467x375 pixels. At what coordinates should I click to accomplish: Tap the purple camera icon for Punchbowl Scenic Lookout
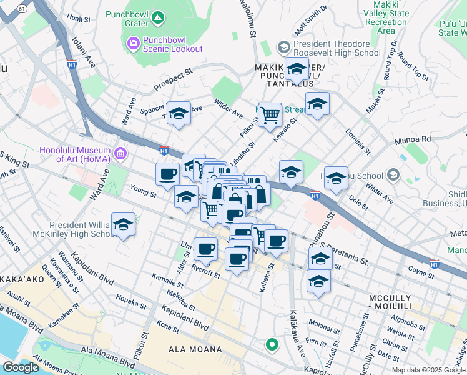pyautogui.click(x=132, y=43)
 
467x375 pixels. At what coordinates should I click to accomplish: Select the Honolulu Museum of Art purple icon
pyautogui.click(x=121, y=152)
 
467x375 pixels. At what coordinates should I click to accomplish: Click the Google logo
pyautogui.click(x=21, y=367)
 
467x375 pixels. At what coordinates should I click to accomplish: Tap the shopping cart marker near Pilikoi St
pyautogui.click(x=270, y=114)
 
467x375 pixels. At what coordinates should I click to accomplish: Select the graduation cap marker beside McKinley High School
pyautogui.click(x=124, y=225)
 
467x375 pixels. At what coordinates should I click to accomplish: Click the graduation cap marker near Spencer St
pyautogui.click(x=179, y=113)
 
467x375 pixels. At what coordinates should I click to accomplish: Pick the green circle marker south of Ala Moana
pyautogui.click(x=272, y=344)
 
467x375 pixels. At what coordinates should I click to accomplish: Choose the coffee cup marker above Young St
pyautogui.click(x=167, y=174)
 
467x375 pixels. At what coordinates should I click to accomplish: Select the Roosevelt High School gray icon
pyautogui.click(x=283, y=47)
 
